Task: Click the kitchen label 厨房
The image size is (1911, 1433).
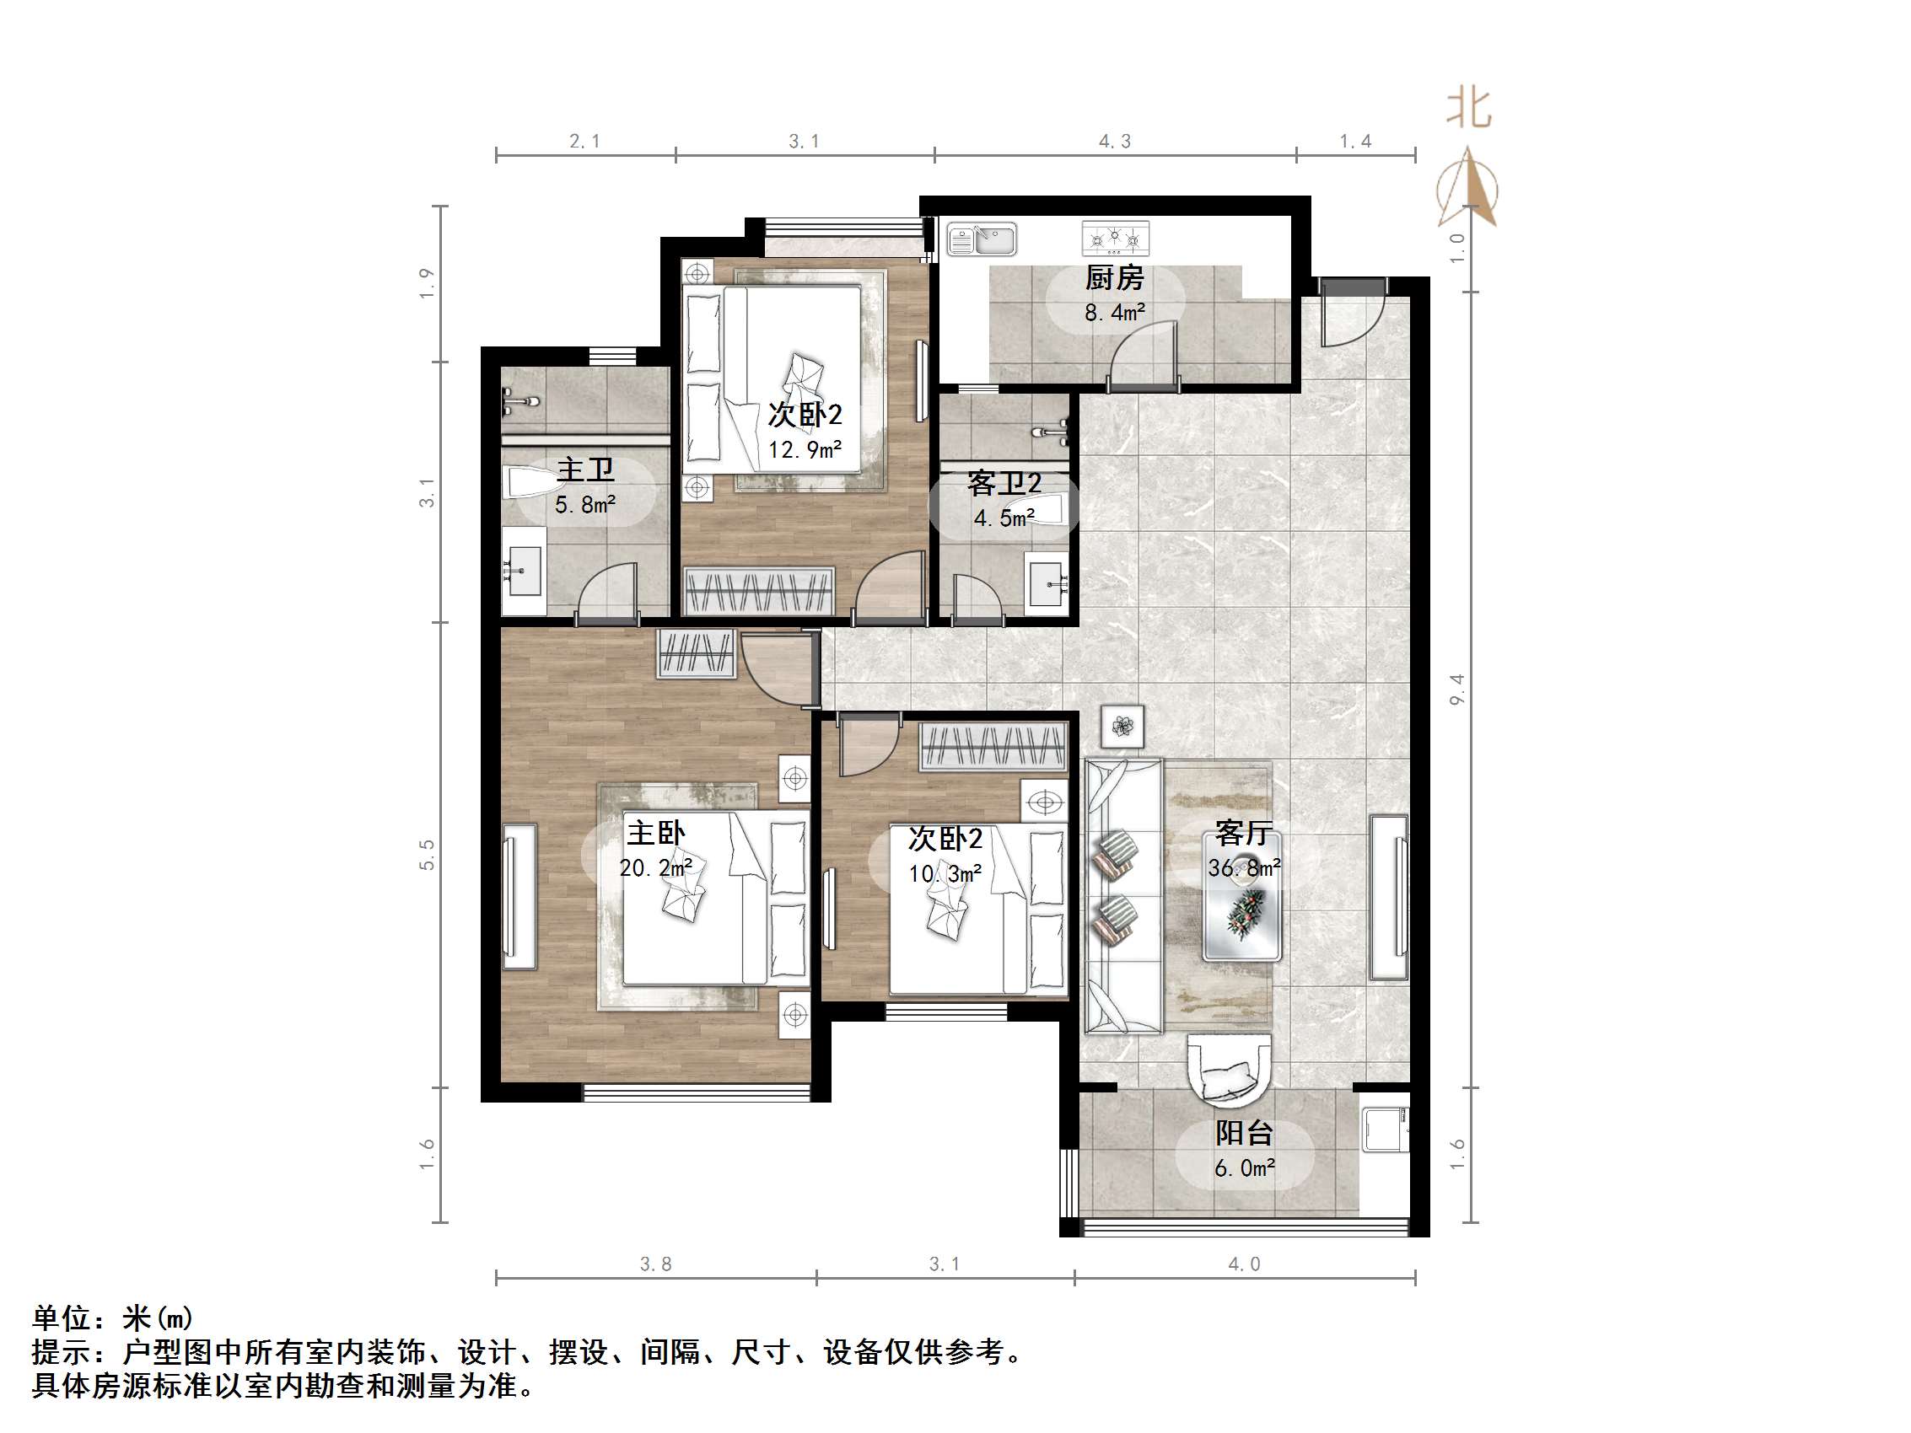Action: pos(1113,278)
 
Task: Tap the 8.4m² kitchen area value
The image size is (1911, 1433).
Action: pos(1114,313)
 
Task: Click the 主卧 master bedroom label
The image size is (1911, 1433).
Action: pos(656,834)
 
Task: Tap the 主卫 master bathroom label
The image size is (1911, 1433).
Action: pos(585,470)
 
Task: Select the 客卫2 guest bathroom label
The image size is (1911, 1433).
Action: pos(1004,484)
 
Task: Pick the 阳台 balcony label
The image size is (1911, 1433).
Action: pos(1244,1133)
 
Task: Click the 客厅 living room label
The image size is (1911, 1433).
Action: pos(1242,834)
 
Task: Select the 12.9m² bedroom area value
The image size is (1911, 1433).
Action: pos(805,450)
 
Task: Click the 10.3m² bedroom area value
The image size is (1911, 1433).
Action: pos(945,874)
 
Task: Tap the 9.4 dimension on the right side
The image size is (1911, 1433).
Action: pos(1457,690)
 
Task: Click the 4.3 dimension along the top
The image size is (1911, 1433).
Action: pos(1114,142)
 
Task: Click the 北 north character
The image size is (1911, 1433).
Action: pos(1469,109)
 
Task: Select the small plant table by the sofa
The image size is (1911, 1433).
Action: pos(1122,727)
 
